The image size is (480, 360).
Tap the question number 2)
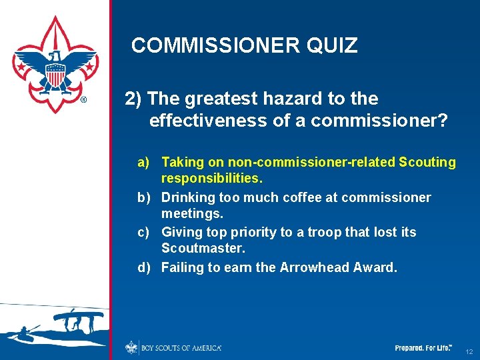133,99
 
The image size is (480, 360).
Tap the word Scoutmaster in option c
203,248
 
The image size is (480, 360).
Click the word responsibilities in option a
212,179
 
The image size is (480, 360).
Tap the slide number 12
469,351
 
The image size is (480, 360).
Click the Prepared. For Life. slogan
423,348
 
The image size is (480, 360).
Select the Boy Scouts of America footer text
181,348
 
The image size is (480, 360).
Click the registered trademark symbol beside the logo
83,101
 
